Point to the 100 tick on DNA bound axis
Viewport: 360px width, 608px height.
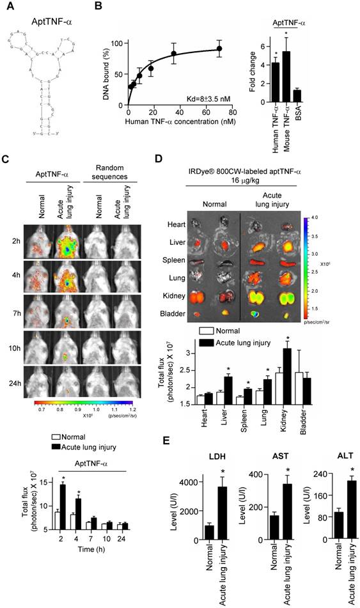116,43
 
